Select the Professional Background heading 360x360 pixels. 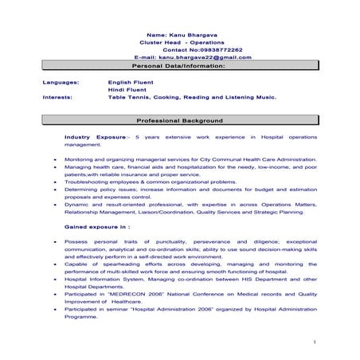click(180, 121)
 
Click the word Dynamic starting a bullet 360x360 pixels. click(77, 204)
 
